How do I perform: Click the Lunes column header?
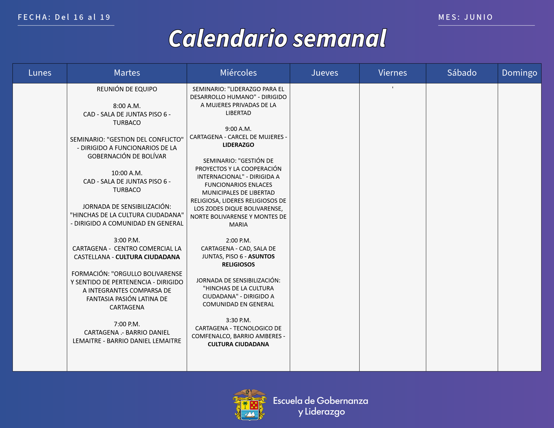coord(40,73)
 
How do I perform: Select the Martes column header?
coord(127,73)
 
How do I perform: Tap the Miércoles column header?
coord(238,73)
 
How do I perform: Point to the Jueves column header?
coord(324,73)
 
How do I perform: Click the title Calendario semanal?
coord(277,38)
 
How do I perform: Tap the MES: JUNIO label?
coord(465,17)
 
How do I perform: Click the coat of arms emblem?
coord(250,404)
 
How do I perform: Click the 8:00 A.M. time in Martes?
coord(127,106)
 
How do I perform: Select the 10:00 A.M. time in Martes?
coord(127,173)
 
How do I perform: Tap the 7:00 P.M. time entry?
coord(127,324)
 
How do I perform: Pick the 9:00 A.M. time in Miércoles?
coord(238,129)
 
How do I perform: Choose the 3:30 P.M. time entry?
coord(238,320)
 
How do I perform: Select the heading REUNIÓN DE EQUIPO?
coord(127,89)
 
